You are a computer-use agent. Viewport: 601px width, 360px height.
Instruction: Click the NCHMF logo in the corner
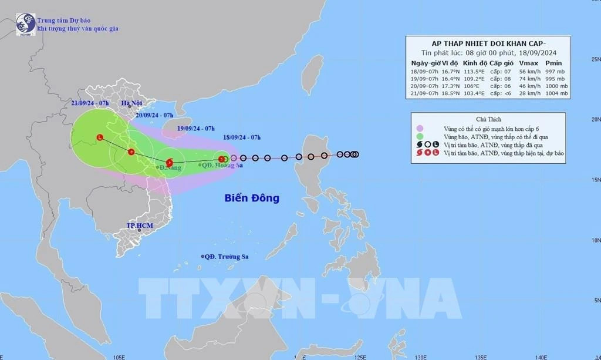[25, 24]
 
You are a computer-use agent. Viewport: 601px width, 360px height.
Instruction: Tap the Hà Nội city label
[133, 104]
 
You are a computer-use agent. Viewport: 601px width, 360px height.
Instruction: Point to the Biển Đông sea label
[252, 198]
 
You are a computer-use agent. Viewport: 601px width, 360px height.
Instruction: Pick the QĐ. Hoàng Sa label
[222, 165]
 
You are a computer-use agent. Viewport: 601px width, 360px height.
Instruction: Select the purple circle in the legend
[419, 129]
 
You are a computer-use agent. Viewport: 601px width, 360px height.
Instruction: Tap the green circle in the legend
[419, 136]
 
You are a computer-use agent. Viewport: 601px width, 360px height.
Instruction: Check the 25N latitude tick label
[596, 59]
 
